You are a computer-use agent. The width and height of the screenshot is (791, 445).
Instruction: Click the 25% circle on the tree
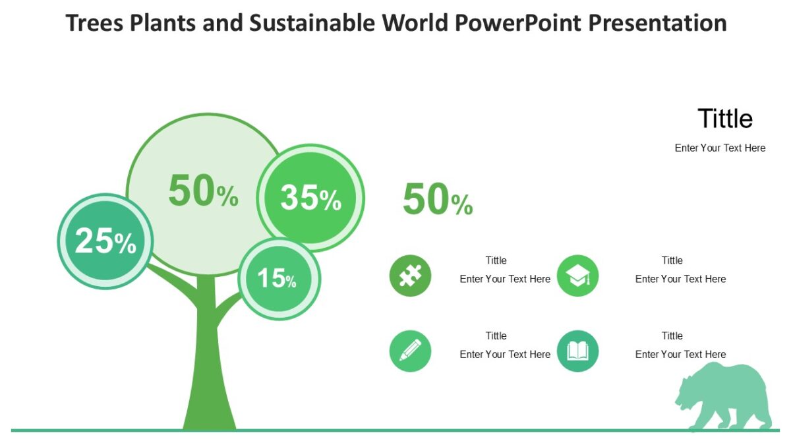point(105,241)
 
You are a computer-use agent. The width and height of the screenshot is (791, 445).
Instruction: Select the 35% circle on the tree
point(310,198)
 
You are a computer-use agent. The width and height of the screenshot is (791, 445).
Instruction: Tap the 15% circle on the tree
point(279,279)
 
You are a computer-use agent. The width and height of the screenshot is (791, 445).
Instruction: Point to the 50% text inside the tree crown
point(202,192)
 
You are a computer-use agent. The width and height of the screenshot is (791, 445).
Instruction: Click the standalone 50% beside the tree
point(437,200)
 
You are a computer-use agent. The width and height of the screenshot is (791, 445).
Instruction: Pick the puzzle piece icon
point(410,276)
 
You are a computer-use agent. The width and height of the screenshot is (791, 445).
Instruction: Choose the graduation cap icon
point(577,276)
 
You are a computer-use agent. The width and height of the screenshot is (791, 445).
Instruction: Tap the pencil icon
point(410,351)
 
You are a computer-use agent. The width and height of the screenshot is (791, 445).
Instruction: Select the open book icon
point(577,351)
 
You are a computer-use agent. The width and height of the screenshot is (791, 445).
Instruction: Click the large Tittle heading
point(724,119)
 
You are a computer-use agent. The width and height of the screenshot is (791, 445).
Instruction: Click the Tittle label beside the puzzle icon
point(496,260)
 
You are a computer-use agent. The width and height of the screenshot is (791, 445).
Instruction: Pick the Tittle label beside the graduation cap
point(672,260)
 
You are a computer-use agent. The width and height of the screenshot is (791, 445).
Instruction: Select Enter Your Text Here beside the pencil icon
point(505,355)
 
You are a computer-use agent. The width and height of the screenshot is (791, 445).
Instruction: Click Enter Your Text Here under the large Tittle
point(720,148)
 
